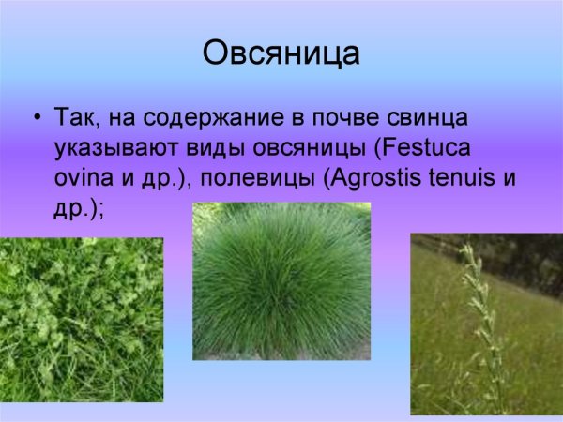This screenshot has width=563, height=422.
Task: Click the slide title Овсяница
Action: coord(281,53)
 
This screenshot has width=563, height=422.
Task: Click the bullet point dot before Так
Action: coord(37,119)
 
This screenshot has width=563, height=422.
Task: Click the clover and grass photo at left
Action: coord(82,319)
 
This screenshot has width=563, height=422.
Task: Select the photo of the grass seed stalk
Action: coord(486,324)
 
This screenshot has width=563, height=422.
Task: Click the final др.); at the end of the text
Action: coord(81,210)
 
